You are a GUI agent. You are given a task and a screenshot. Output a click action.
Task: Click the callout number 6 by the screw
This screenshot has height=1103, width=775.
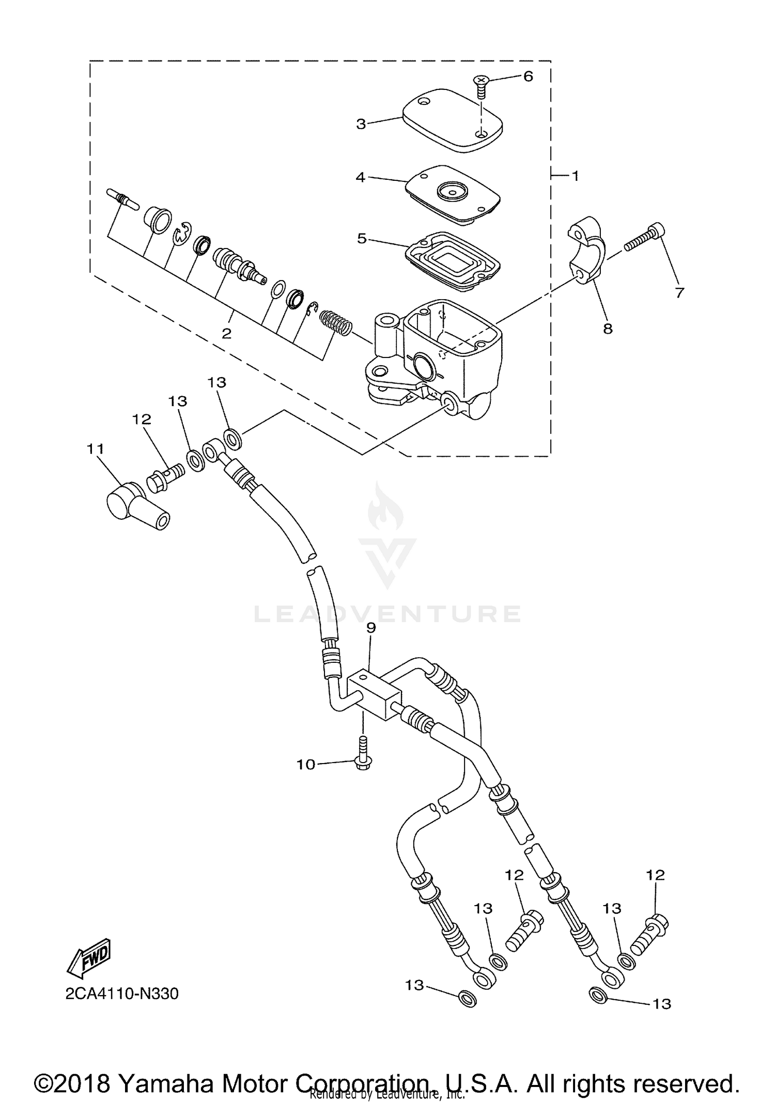(528, 76)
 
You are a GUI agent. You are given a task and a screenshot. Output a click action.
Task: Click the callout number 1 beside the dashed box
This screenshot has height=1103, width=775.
(575, 176)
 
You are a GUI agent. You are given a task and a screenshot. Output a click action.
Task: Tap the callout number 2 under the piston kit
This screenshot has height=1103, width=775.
(226, 334)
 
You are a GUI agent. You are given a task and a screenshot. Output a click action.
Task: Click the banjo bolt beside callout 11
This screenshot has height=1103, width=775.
(165, 476)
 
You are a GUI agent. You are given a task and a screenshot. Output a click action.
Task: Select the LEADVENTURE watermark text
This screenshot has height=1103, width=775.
(388, 614)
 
